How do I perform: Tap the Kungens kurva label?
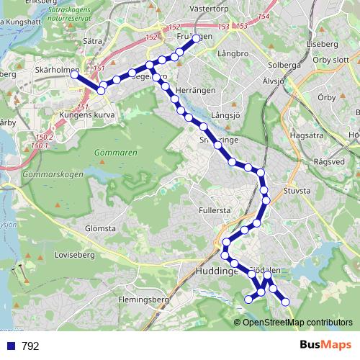click(86, 114)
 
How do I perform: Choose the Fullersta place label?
click(215, 210)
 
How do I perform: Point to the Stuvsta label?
click(297, 191)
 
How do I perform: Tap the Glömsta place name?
click(100, 228)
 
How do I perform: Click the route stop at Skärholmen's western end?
click(74, 75)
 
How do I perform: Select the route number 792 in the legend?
click(30, 346)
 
